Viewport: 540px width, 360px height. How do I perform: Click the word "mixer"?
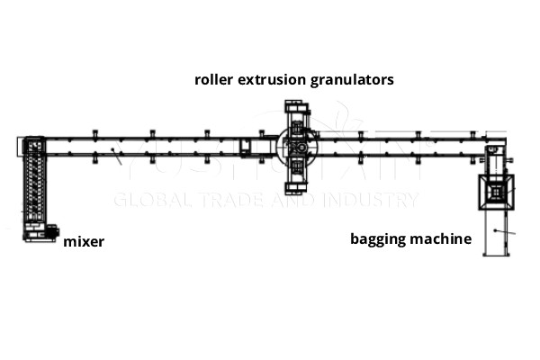[83, 241]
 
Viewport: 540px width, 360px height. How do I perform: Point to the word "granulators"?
[355, 79]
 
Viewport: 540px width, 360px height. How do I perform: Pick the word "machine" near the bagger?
[442, 239]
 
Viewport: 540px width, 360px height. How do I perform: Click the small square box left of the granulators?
[248, 147]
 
